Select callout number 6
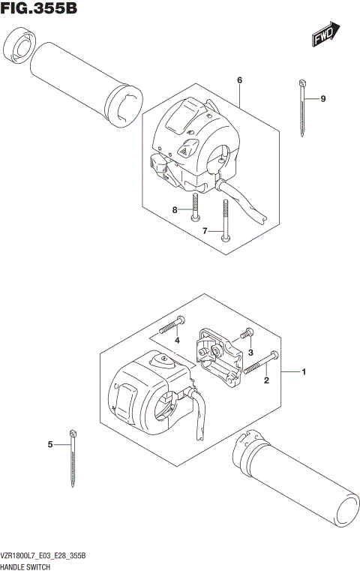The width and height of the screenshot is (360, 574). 239,80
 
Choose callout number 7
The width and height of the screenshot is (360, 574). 204,231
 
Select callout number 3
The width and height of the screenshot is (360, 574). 252,353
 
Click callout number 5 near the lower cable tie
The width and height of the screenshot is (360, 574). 50,445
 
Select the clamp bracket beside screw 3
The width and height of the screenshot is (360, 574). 217,352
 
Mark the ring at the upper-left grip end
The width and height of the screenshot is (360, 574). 19,48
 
